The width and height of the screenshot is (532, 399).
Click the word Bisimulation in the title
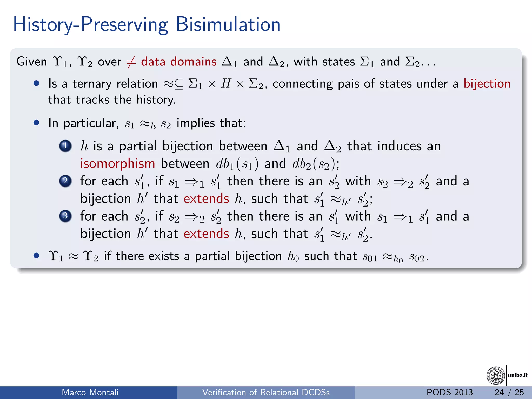pyautogui.click(x=228, y=24)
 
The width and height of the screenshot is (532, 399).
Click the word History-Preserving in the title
pyautogui.click(x=90, y=24)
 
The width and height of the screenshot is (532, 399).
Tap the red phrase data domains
pyautogui.click(x=179, y=62)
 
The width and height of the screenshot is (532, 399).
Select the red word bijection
pyautogui.click(x=487, y=84)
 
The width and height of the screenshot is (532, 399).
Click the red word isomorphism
pyautogui.click(x=117, y=164)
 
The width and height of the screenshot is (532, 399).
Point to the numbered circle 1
pyautogui.click(x=65, y=146)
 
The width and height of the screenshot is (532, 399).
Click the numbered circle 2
pyautogui.click(x=65, y=181)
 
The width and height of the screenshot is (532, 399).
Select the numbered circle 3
pyautogui.click(x=65, y=216)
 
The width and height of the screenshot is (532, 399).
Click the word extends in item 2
pyautogui.click(x=206, y=199)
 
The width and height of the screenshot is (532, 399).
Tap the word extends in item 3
pyautogui.click(x=206, y=234)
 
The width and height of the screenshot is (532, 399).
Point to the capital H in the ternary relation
pyautogui.click(x=226, y=84)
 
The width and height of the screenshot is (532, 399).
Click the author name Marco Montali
pyautogui.click(x=90, y=392)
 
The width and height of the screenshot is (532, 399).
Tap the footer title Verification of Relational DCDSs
pyautogui.click(x=266, y=392)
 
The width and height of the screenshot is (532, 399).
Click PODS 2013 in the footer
pyautogui.click(x=450, y=392)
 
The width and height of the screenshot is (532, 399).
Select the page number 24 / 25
pyautogui.click(x=509, y=392)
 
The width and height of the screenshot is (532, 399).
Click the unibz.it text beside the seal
pyautogui.click(x=518, y=375)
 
